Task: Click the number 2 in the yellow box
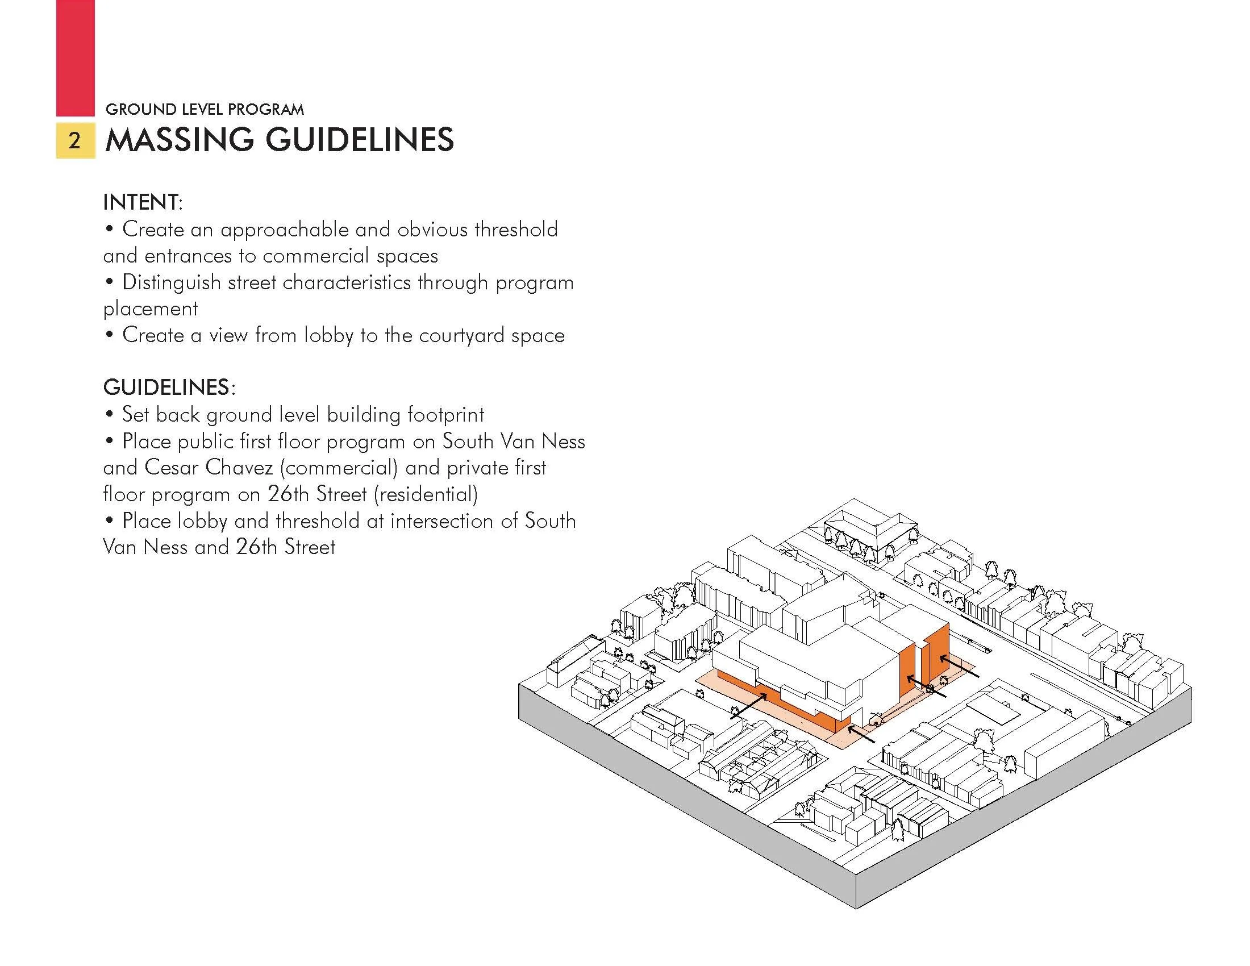75,141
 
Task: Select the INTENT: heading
143,202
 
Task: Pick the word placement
151,309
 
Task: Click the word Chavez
239,468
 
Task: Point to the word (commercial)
339,468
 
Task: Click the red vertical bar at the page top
75,57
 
